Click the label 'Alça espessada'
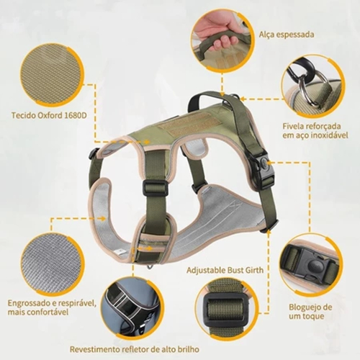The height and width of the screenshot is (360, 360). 287,35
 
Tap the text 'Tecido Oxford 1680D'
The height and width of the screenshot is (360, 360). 49,115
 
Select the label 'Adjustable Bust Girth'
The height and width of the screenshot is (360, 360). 225,270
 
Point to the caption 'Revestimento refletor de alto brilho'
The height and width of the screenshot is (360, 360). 135,349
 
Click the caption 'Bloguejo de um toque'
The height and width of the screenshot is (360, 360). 307,312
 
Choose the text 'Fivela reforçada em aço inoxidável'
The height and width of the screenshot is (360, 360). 315,130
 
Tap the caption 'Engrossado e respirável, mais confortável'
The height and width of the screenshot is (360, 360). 52,307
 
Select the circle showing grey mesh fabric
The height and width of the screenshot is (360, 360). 53,264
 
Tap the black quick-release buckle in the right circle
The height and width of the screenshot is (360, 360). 308,265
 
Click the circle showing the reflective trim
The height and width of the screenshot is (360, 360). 132,308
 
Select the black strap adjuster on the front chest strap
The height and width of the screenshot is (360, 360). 155,188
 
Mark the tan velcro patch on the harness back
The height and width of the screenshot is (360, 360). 182,128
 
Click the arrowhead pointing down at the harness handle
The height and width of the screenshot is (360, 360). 222,94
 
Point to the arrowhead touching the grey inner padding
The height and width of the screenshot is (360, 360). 103,218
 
